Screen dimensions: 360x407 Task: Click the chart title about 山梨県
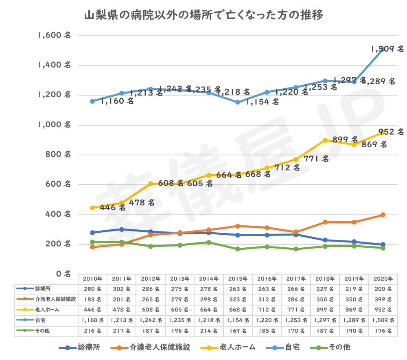pos(203,16)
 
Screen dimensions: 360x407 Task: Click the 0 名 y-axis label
pos(63,274)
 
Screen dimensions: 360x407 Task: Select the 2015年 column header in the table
pos(238,279)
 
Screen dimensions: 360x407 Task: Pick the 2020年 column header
pos(383,279)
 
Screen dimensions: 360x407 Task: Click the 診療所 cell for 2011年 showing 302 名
pos(121,289)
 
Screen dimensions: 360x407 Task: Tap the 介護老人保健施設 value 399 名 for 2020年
pos(383,299)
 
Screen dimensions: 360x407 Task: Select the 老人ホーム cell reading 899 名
pos(325,310)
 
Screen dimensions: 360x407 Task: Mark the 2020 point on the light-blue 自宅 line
pos(383,49)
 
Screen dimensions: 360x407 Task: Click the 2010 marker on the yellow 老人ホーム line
pos(92,207)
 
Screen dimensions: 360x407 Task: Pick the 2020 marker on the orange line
pos(383,215)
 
